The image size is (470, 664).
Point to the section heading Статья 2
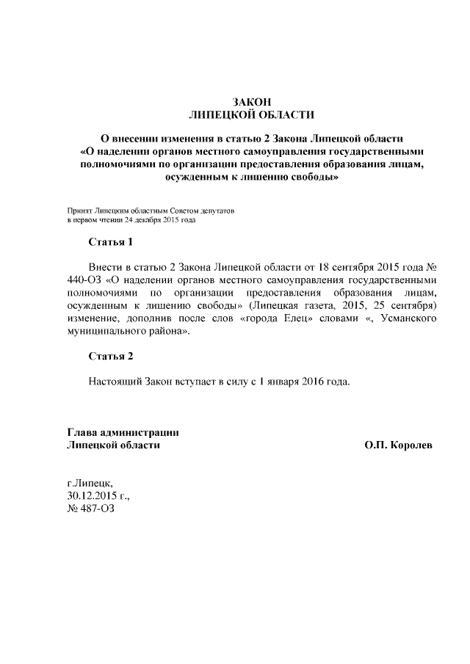(x=111, y=357)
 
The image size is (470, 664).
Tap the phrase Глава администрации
(x=123, y=432)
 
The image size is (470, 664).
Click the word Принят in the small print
(x=79, y=210)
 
